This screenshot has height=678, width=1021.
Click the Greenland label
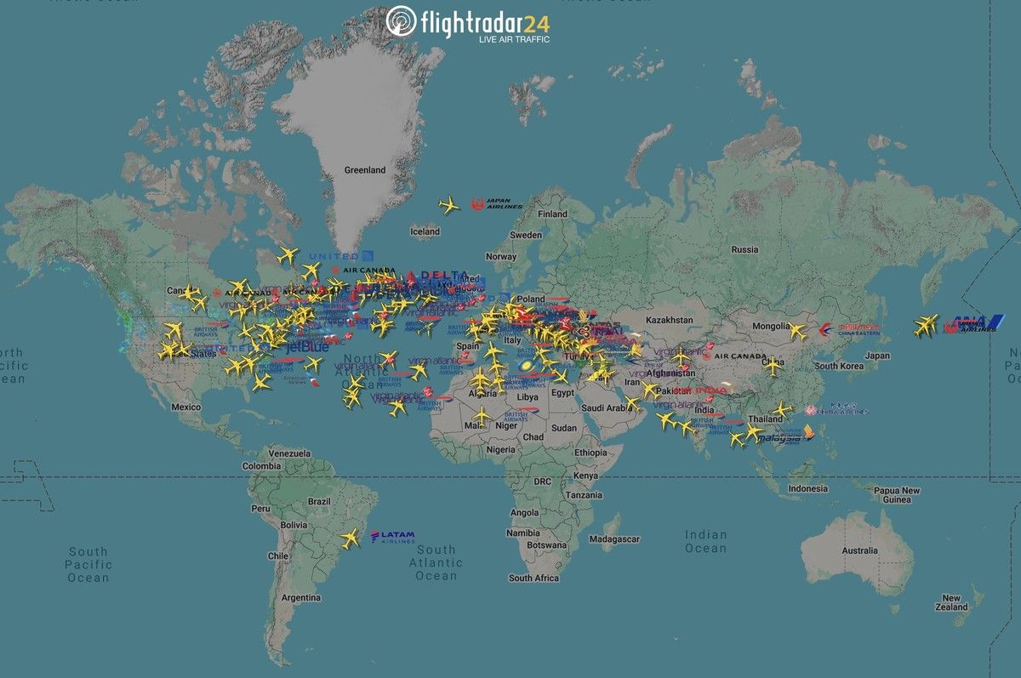coord(364,170)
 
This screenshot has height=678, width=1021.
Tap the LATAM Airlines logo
coord(393,537)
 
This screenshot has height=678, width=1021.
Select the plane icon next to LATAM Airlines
coord(350,538)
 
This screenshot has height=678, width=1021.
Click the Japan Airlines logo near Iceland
coord(497,204)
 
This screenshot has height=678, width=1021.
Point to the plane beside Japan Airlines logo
coord(448,205)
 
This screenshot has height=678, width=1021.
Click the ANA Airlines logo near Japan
coord(971,324)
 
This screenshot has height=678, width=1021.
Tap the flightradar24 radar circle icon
coord(401,21)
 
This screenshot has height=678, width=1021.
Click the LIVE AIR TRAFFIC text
coord(514,40)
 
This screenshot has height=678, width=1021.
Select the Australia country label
coord(859,550)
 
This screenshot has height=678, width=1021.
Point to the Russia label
coord(744,249)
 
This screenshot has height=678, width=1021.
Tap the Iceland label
coord(425,231)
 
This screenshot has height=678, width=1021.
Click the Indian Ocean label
coord(706,542)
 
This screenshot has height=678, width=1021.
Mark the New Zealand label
coord(951,602)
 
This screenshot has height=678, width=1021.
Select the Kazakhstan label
coord(671,320)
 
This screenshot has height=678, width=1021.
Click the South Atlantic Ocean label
coord(436,563)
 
